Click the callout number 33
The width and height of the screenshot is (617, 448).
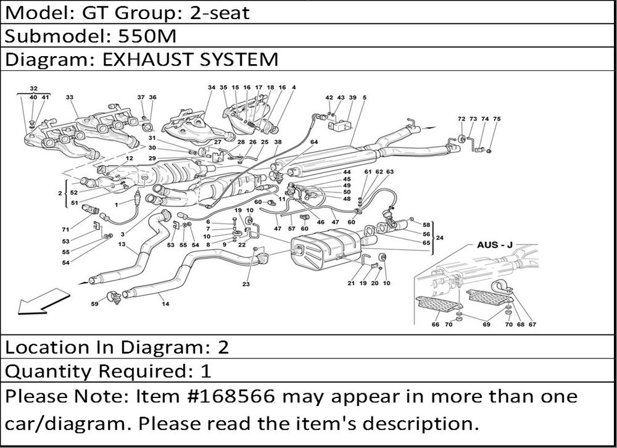coord(69,97)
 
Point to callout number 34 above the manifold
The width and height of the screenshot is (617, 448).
coord(211,88)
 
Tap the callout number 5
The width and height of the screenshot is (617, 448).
coord(365,97)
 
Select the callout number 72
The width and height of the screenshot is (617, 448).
coord(461,118)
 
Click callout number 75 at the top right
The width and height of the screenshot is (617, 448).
coord(497,118)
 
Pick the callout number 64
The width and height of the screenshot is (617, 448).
coord(314,142)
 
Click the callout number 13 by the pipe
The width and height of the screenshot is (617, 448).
coord(122,244)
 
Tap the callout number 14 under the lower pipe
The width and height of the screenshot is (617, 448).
coord(165,303)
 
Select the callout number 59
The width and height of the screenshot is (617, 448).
coord(94,303)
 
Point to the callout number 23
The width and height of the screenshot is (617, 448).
coord(246,284)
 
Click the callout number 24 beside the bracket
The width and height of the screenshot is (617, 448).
coord(440,238)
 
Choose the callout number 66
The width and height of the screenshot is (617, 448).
coord(436,325)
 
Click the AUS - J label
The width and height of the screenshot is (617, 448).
coord(495,245)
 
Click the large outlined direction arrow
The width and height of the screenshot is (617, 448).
coord(33,303)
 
